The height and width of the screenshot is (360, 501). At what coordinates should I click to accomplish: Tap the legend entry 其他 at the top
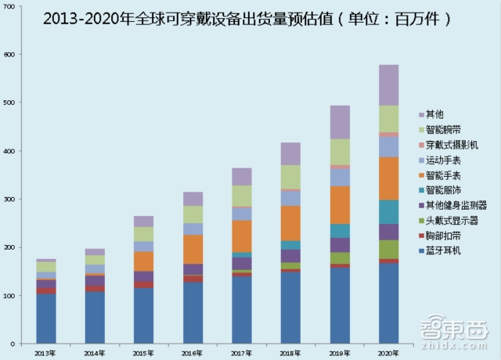[435, 115]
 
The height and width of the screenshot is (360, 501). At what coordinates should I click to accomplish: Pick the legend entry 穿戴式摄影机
[452, 146]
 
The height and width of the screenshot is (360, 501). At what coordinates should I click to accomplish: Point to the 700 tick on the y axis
[13, 6]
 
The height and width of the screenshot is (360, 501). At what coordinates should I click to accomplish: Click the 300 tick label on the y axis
[13, 200]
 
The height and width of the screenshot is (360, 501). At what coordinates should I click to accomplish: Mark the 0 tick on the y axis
[18, 344]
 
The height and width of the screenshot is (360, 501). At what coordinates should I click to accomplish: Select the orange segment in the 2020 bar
[388, 178]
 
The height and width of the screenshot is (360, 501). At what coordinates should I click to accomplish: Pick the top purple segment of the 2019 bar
[340, 122]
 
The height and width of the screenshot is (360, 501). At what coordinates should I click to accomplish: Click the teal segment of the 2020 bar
[388, 212]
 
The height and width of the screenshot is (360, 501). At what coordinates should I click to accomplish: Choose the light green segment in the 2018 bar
[290, 177]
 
